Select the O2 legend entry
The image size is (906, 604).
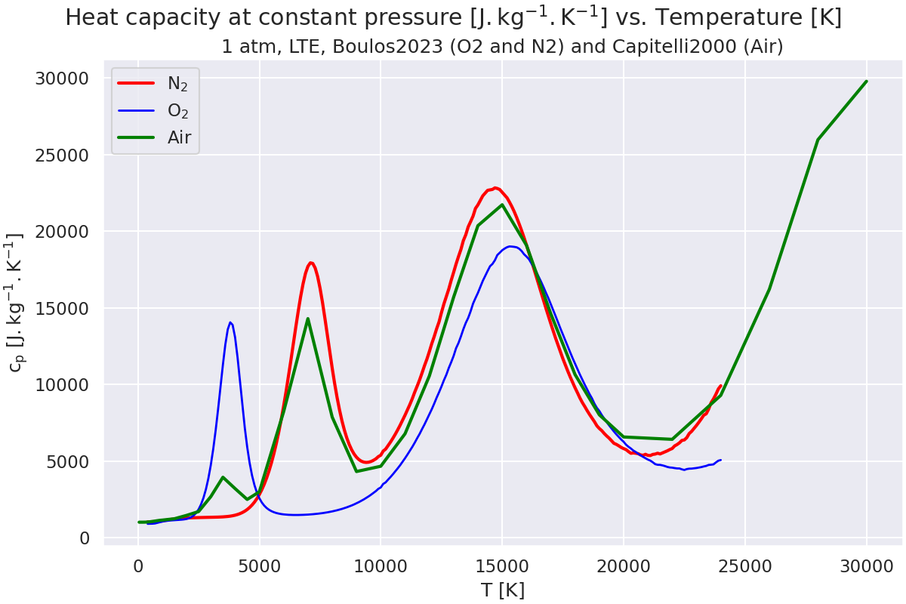[177, 111]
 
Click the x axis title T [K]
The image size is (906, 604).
[502, 590]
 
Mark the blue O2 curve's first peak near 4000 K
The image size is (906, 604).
[230, 322]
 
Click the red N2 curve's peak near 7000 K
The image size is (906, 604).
[310, 263]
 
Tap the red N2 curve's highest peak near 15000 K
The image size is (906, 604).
[495, 188]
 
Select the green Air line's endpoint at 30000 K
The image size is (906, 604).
[866, 81]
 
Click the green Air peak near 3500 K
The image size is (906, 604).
[223, 477]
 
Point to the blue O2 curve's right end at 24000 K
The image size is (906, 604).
[720, 460]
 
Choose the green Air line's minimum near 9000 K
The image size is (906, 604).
[356, 472]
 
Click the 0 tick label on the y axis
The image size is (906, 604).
[84, 538]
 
